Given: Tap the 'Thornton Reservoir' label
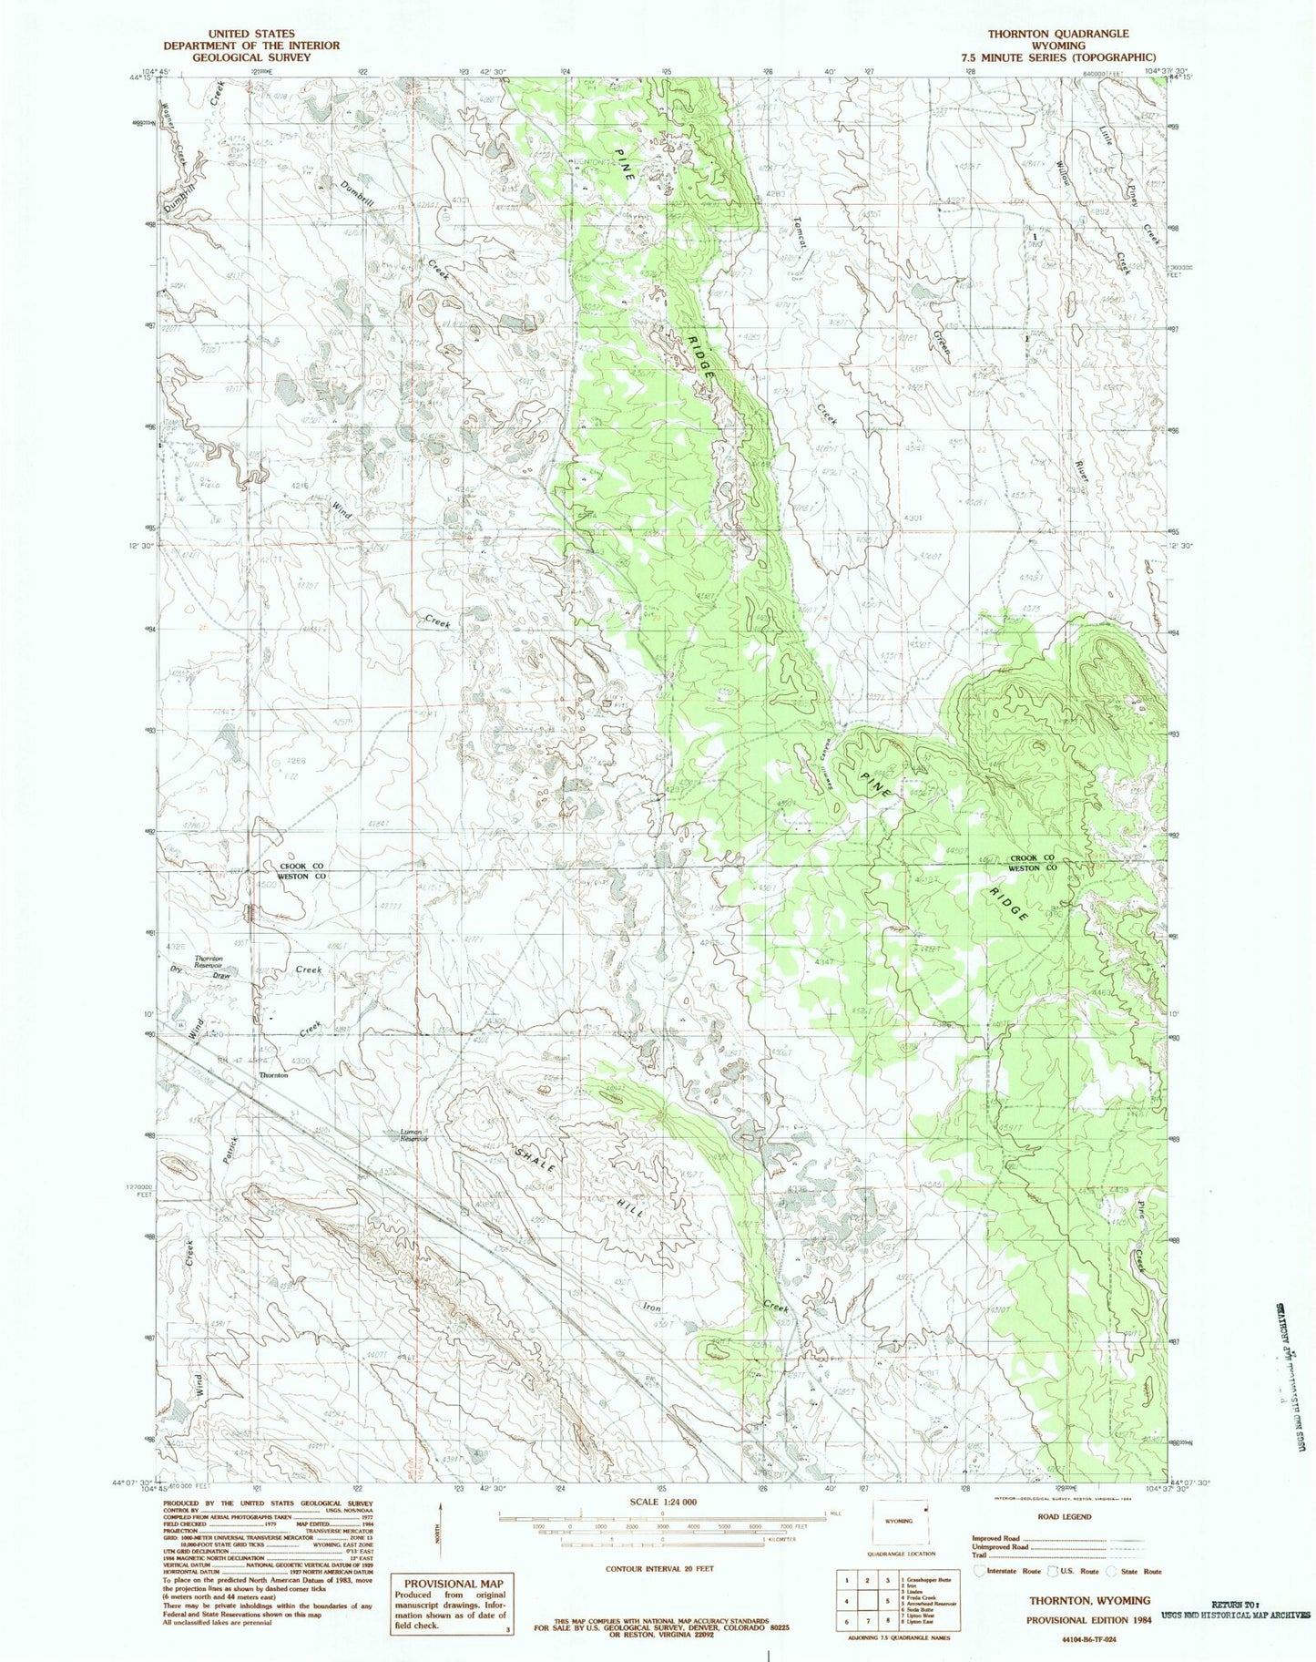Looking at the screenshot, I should click(x=209, y=961).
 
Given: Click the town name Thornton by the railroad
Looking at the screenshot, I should click(x=274, y=1075).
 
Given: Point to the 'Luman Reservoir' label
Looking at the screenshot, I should click(x=413, y=1135).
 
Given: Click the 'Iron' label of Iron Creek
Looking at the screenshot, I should click(x=652, y=1307).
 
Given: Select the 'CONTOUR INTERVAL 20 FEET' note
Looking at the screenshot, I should click(x=659, y=1569).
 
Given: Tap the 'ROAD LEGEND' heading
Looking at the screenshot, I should click(x=1064, y=1517).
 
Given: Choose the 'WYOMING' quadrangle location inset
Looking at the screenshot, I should click(x=898, y=1522).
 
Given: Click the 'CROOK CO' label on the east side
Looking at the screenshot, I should click(x=1032, y=858).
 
